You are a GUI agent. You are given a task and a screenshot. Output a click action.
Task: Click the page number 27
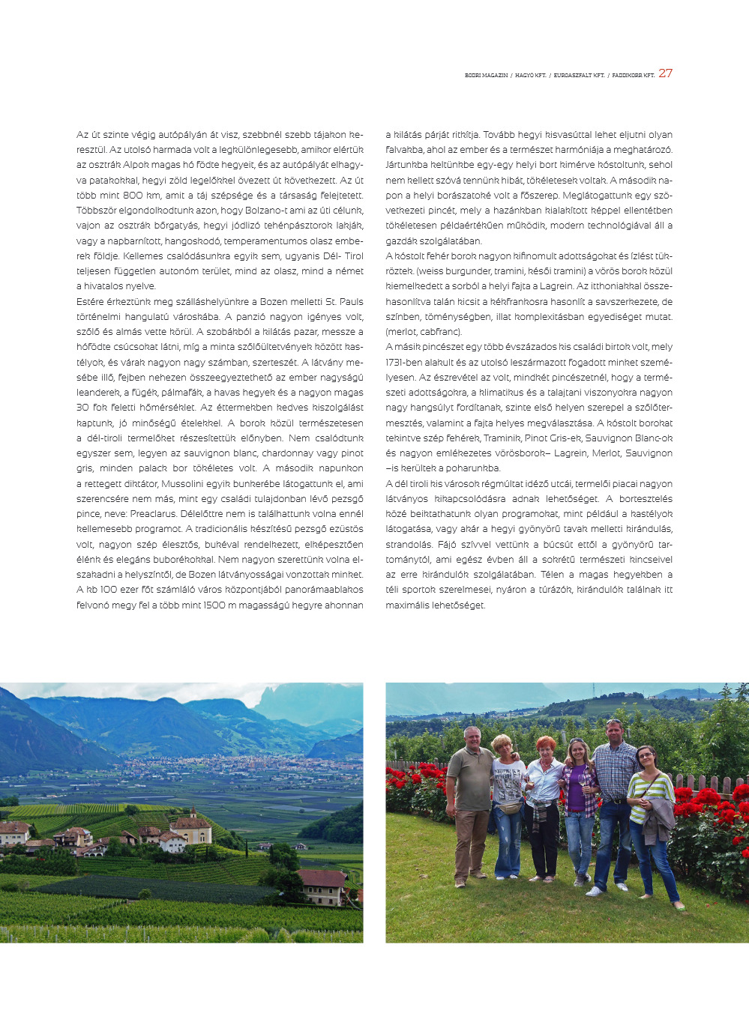point(665,73)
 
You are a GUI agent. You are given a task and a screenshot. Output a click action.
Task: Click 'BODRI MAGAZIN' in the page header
point(486,76)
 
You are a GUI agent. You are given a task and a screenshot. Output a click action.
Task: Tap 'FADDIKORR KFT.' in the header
point(633,76)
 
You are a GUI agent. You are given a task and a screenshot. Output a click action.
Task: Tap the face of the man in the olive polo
point(472,737)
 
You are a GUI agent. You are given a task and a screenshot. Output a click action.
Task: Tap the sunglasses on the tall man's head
point(614,722)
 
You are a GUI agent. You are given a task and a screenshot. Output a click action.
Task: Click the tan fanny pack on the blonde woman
point(511,807)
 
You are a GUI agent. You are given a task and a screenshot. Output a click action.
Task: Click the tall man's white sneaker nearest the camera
point(594,891)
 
